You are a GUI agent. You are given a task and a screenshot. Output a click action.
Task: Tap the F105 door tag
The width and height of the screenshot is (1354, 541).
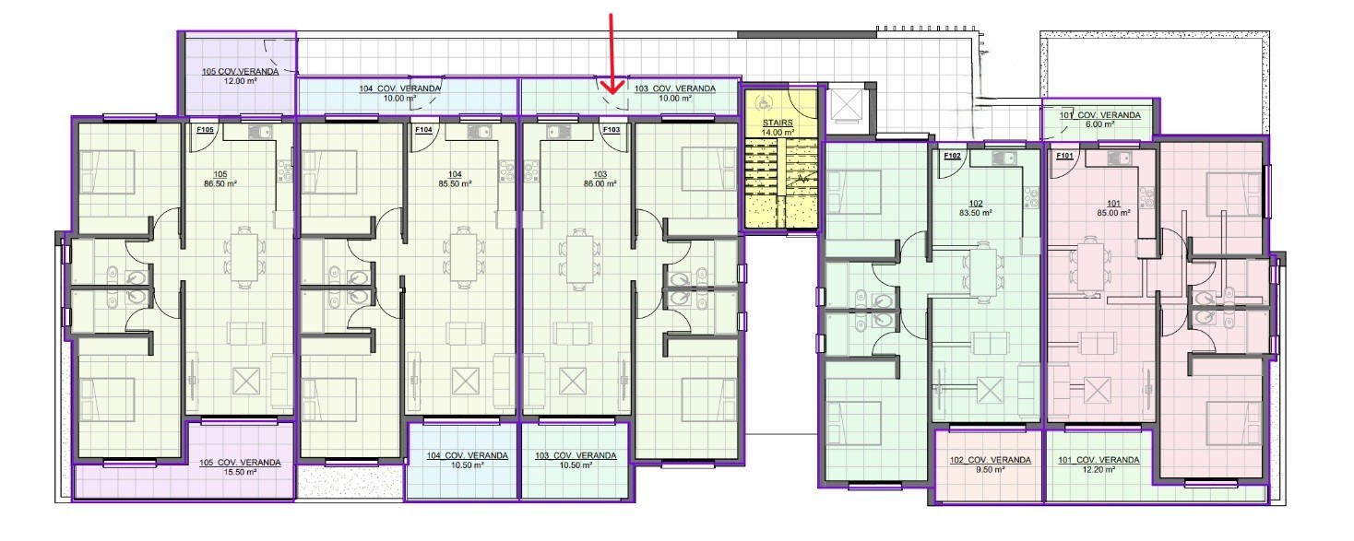205,130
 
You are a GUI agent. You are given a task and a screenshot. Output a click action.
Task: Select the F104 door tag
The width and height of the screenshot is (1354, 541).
423,130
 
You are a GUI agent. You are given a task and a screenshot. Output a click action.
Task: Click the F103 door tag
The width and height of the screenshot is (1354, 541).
612,130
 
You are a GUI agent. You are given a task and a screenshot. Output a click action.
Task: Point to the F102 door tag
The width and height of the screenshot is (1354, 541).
952,156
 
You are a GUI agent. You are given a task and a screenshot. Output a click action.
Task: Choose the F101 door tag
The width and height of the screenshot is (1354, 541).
1064,156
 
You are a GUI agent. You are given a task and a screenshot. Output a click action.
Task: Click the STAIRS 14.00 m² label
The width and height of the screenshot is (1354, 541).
778,127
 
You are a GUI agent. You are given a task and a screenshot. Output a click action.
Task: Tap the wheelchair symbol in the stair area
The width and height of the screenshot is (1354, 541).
765,103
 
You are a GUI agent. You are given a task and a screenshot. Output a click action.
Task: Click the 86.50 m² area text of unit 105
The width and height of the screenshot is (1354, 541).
220,183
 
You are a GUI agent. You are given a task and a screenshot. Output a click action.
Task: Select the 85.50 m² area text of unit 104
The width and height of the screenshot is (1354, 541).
455,183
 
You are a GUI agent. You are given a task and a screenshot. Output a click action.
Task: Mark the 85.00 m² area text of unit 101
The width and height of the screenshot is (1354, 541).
1113,213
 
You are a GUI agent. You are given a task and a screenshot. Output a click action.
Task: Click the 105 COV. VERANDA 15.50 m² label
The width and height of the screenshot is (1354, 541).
240,467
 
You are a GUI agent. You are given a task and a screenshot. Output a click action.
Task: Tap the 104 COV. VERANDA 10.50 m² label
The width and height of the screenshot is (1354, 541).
468,460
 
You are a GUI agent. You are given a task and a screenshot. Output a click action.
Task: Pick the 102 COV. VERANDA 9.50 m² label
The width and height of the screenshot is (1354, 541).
990,465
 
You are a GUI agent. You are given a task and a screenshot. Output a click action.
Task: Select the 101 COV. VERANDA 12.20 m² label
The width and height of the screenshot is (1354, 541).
1099,465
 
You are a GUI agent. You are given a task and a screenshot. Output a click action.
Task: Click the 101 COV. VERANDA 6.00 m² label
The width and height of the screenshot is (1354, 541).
1100,120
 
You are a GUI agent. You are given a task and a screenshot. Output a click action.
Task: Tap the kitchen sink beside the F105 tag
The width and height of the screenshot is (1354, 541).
260,132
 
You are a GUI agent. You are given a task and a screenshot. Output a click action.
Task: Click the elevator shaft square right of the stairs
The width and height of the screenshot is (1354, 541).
846,110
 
